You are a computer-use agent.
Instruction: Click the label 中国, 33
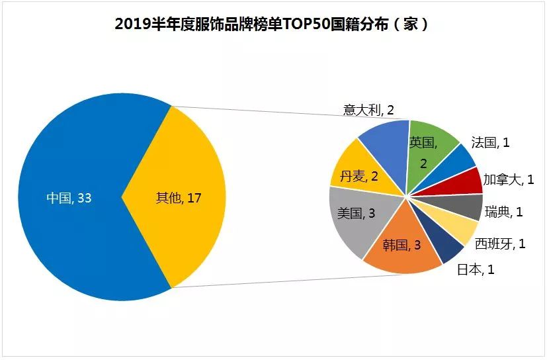[x=69, y=198]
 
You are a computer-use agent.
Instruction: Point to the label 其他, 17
[x=178, y=198]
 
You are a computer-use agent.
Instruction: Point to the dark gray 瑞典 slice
[x=468, y=206]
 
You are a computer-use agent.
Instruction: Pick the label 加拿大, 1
[x=509, y=179]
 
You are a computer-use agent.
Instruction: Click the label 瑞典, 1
[x=504, y=212]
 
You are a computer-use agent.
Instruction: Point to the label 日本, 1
[x=476, y=269]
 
